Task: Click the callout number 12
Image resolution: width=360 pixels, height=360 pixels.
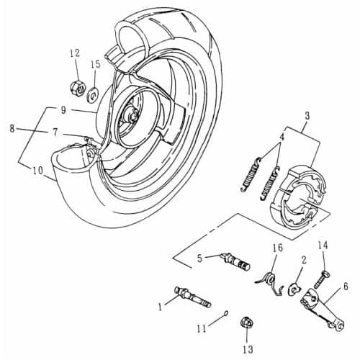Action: pos(75,53)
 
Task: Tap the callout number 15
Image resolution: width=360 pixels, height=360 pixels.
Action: pos(95,65)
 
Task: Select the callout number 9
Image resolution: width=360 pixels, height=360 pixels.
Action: pos(63,110)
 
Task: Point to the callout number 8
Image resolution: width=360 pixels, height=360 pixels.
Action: pos(12,128)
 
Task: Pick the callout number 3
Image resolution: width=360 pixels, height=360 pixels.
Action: pos(307,115)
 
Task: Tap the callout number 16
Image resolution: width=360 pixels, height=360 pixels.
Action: pos(276,248)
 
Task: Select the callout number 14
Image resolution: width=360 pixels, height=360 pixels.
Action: pos(323,246)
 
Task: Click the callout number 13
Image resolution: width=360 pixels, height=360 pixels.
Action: pos(248,349)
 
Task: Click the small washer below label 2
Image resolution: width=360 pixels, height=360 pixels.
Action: pos(295,289)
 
